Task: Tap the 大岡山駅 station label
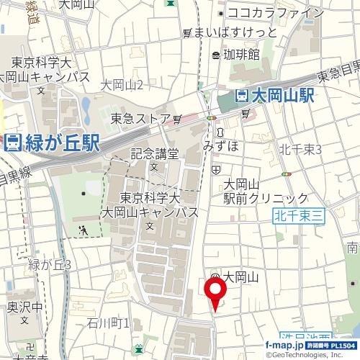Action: click(x=284, y=96)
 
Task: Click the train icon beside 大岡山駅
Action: click(x=243, y=96)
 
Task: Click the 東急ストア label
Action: click(x=141, y=119)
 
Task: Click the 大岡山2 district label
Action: click(x=122, y=86)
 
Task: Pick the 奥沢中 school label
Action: click(x=26, y=306)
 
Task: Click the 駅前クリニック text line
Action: click(x=266, y=198)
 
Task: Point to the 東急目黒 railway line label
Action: click(x=338, y=72)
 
